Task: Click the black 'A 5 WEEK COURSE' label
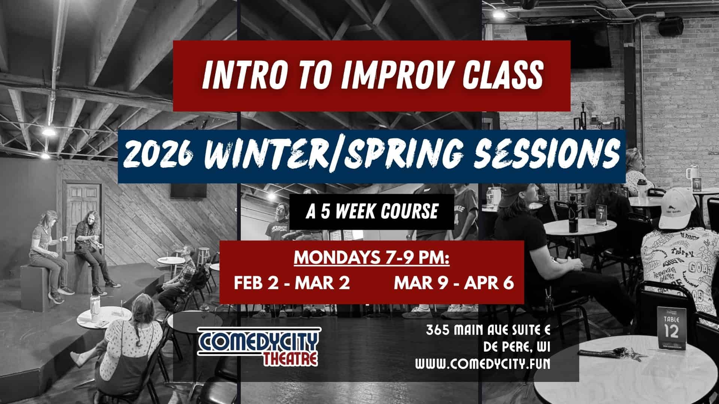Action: pyautogui.click(x=372, y=212)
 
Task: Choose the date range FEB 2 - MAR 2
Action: pyautogui.click(x=292, y=283)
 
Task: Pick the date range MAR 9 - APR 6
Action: pyautogui.click(x=453, y=283)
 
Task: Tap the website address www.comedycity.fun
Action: pyautogui.click(x=483, y=364)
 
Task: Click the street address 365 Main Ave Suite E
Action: pyautogui.click(x=488, y=330)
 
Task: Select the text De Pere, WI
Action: pyautogui.click(x=516, y=347)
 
